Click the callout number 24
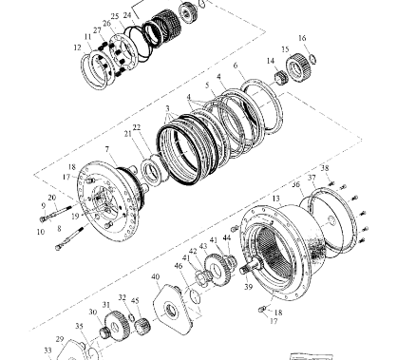coord(127,15)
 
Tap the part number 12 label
coord(75,47)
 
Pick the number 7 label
coord(107,150)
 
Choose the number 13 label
coord(277,199)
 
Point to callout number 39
coord(248,284)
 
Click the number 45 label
coord(135,301)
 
